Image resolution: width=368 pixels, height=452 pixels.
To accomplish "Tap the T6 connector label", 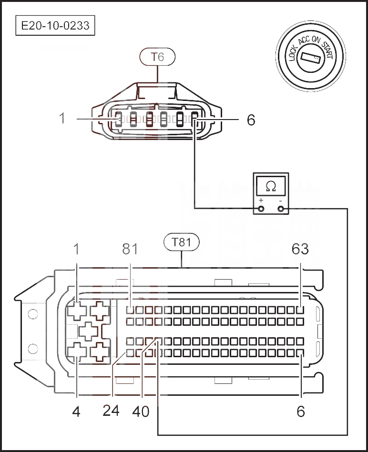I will pos(157,57).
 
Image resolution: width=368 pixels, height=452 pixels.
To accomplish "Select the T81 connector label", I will pos(181,242).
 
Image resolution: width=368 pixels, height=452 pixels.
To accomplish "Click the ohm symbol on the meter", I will pos(271,186).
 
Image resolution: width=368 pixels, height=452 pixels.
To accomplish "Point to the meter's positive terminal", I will pos(261,208).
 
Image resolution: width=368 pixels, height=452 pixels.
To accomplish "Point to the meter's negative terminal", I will pos(280,208).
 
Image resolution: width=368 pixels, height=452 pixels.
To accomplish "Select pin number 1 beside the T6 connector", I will pos(62,118).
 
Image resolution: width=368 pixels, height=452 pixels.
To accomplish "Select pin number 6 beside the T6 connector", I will pos(251,120).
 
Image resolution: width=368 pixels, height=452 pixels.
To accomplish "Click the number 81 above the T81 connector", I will pos(130,249).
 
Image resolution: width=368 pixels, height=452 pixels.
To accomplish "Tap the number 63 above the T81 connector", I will pos(300,249).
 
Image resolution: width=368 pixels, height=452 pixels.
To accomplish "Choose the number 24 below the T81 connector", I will pos(111,410).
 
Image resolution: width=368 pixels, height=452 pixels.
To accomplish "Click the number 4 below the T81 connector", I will pos(76,411).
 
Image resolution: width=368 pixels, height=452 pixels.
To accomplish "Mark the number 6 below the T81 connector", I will pos(301,411).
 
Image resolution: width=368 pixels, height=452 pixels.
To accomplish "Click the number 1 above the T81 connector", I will pos(76,249).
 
